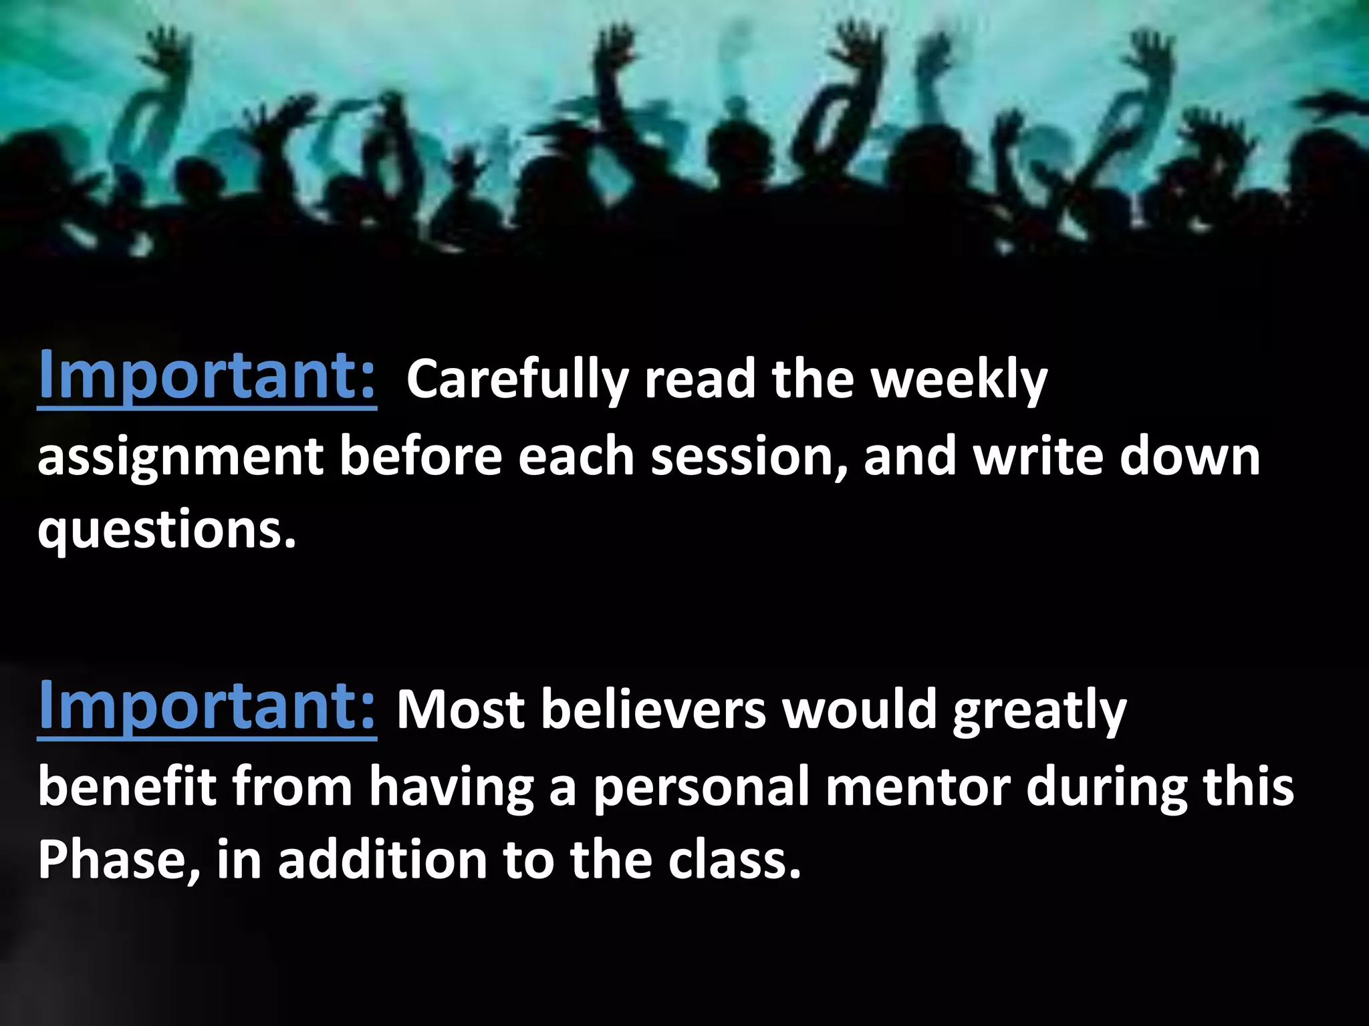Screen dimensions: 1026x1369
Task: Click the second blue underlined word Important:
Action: coord(207,706)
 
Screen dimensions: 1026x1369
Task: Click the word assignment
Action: coord(180,458)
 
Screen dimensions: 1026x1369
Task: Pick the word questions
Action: coord(166,530)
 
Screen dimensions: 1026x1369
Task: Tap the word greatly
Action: coord(1039,711)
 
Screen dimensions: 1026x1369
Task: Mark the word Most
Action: coord(461,709)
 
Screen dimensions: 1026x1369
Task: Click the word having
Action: coord(451,788)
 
